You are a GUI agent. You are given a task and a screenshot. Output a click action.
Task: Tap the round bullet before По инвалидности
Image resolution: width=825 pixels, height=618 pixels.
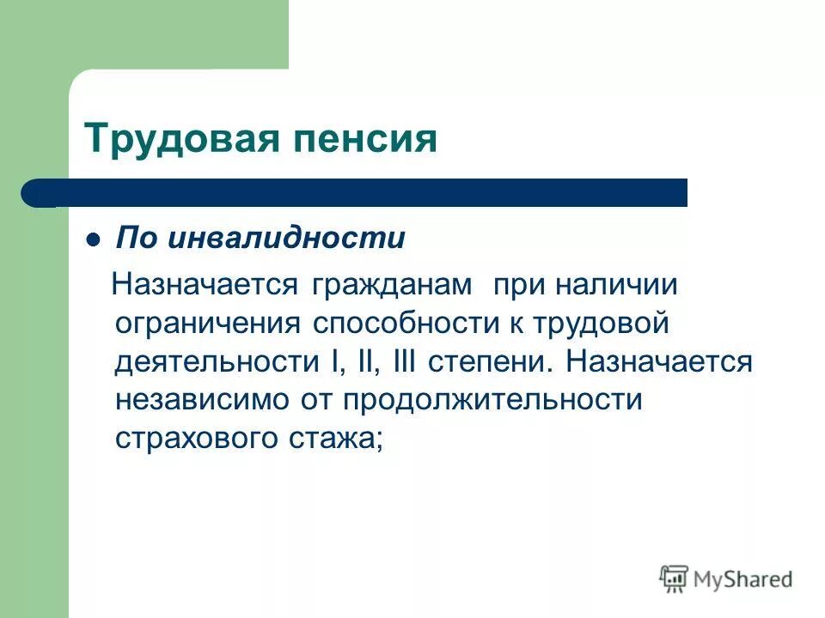95,239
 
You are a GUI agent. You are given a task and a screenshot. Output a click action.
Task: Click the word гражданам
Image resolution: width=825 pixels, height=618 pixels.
393,285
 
